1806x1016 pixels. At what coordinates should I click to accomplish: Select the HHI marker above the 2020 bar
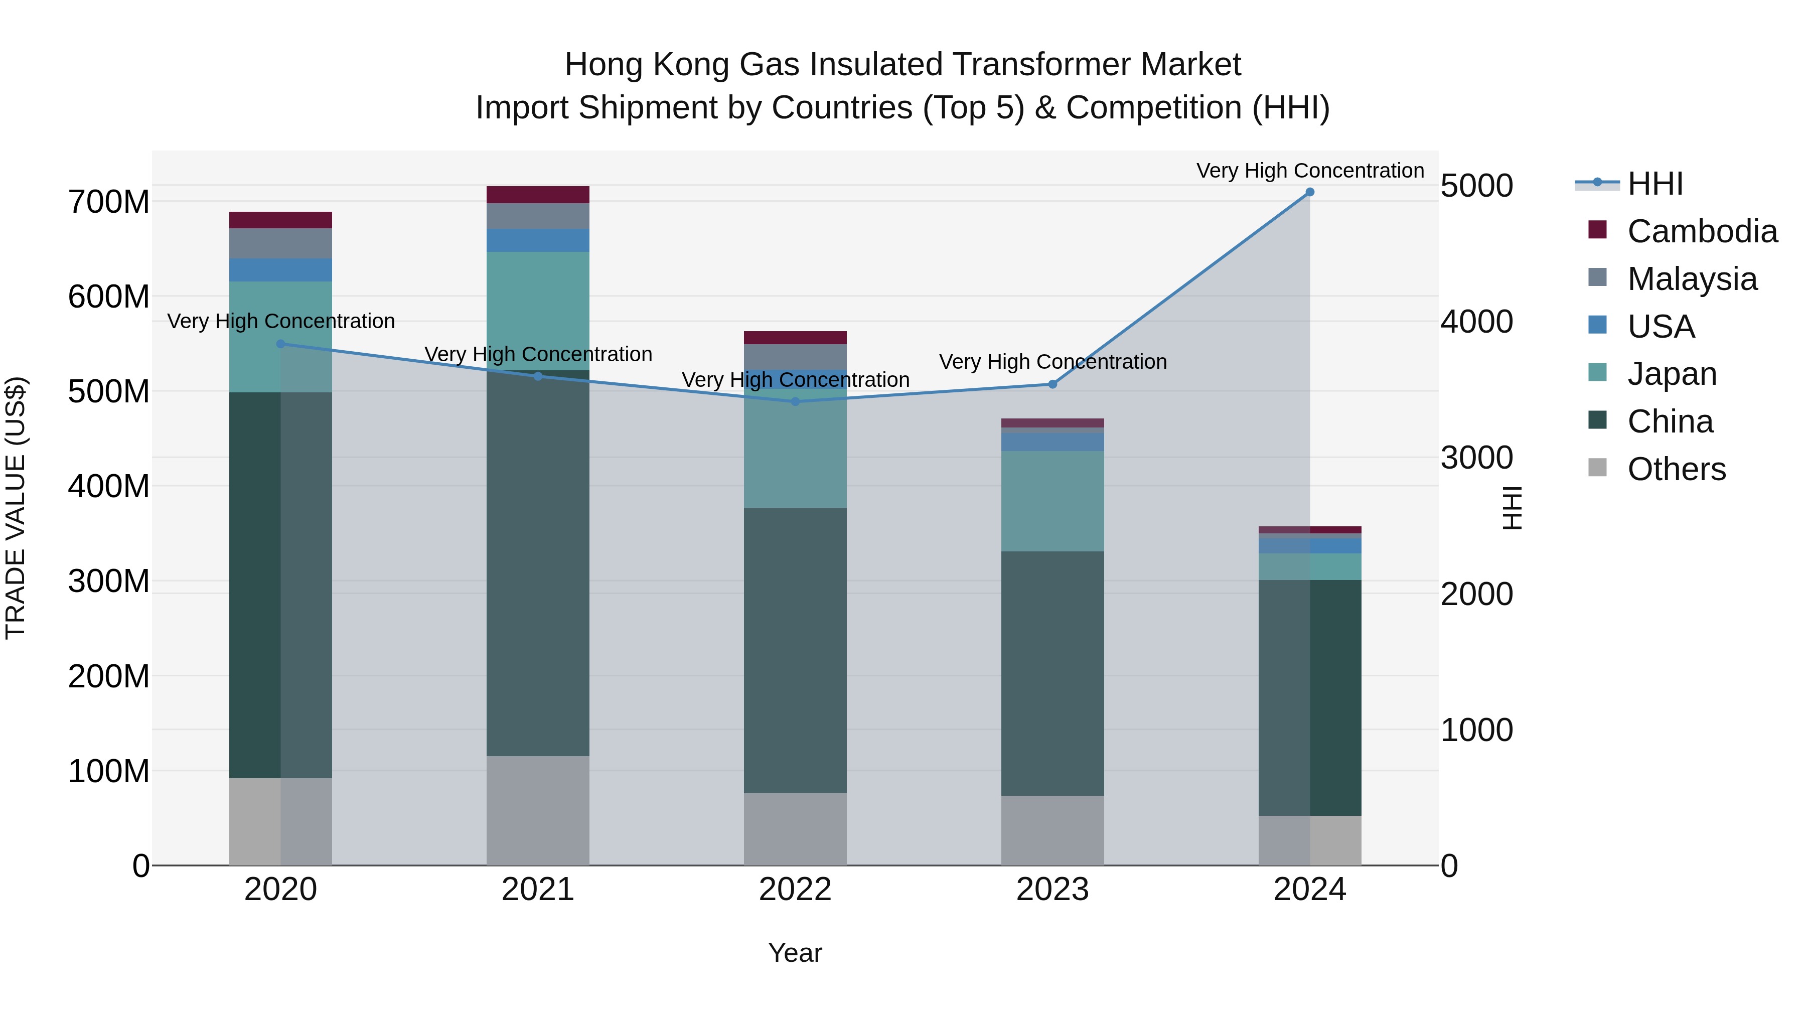[x=280, y=344]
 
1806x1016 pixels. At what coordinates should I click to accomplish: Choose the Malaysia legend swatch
[x=1597, y=277]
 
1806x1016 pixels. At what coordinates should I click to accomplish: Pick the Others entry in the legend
[x=1676, y=469]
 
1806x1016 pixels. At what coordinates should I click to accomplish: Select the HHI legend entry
[x=1654, y=184]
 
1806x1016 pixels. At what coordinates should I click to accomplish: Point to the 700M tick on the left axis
[x=109, y=202]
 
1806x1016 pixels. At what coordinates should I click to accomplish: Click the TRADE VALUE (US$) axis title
[x=16, y=508]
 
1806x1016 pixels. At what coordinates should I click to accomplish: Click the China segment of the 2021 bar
[x=538, y=561]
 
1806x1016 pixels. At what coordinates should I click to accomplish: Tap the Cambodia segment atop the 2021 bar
[x=538, y=194]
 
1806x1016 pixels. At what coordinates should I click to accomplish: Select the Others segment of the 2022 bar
[x=795, y=829]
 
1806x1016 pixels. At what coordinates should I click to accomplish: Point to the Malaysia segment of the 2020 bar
[x=280, y=243]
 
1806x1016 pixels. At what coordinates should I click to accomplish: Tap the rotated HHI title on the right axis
[x=1512, y=508]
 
